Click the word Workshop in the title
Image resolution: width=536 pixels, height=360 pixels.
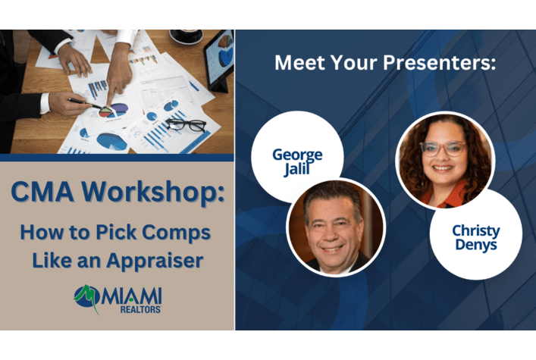coord(153,192)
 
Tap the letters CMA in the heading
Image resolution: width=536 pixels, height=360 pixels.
coord(43,192)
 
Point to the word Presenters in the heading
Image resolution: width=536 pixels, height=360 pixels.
coord(439,63)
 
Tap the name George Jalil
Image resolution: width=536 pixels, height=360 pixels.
coord(297,161)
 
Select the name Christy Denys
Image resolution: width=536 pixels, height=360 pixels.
coord(476,238)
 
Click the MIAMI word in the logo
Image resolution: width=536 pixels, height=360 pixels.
coord(131,296)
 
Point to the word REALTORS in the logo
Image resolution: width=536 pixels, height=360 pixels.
coord(140,309)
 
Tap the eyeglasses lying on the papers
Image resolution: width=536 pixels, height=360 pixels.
coord(186,125)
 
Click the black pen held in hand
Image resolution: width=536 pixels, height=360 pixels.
coord(84,103)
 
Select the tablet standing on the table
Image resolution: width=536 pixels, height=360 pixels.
coord(219,61)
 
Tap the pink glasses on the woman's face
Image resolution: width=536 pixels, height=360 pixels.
coord(444,149)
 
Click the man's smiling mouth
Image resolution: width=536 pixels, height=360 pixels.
coord(331,249)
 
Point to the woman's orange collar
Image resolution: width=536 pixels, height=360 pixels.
coord(444,197)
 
